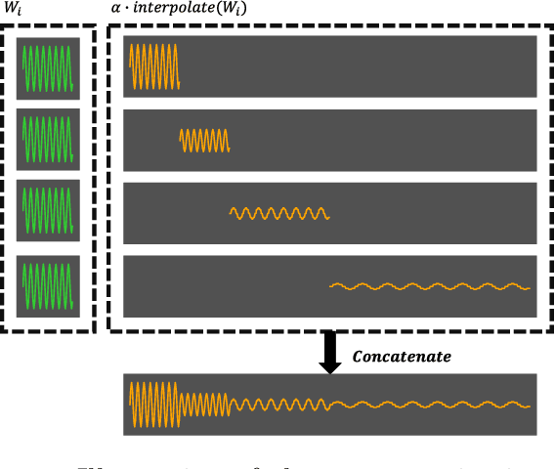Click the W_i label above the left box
tap(12, 8)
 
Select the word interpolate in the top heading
tap(170, 8)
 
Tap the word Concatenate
tap(402, 357)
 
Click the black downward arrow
tap(330, 353)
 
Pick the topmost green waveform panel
tap(48, 66)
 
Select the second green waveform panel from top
tap(48, 138)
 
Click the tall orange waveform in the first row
tap(154, 66)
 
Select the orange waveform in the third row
tap(279, 212)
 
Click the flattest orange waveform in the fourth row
tap(430, 286)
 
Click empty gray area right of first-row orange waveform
tap(362, 66)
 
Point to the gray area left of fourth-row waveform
tap(225, 286)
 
